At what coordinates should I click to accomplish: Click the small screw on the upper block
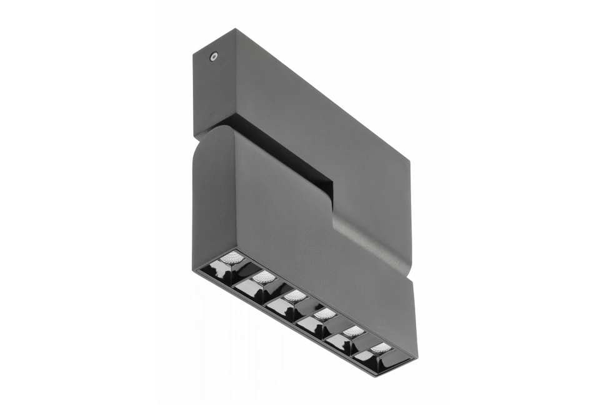click(x=214, y=56)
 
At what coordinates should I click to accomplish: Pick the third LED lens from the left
click(x=294, y=295)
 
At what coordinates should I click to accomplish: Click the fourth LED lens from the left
click(x=324, y=314)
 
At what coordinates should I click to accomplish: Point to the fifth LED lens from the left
click(x=353, y=330)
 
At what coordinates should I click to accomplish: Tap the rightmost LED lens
click(x=380, y=347)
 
